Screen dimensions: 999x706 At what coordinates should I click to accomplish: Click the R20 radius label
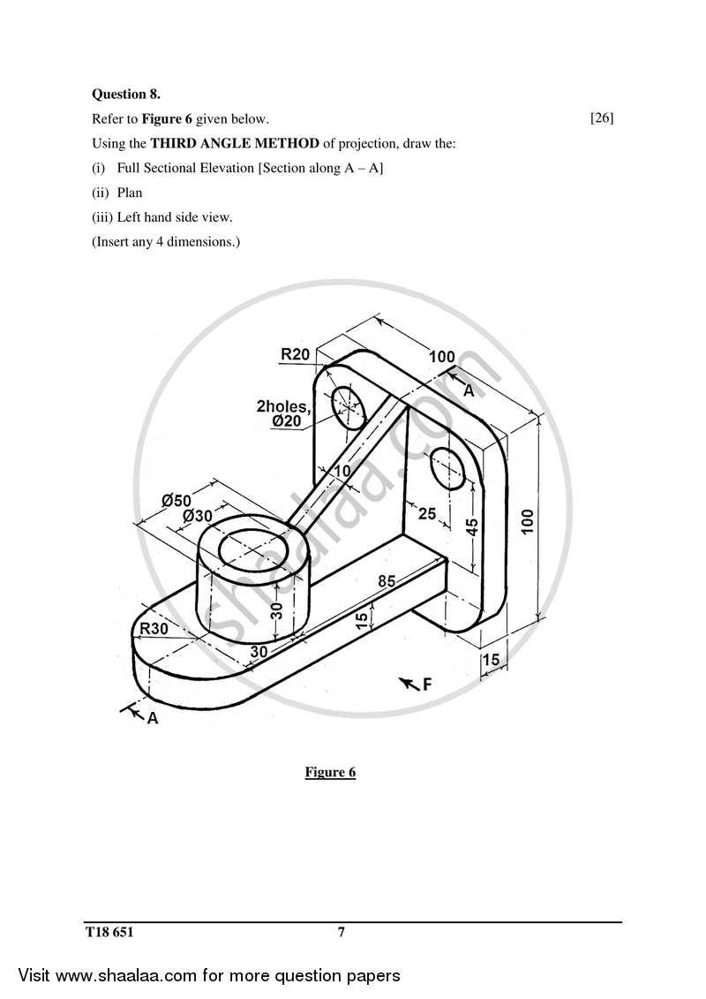pyautogui.click(x=295, y=354)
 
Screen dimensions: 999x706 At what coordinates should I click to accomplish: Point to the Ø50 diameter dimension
pyautogui.click(x=176, y=501)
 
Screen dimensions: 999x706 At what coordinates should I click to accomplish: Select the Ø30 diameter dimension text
pyautogui.click(x=198, y=515)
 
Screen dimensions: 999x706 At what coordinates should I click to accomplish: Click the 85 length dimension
pyautogui.click(x=386, y=580)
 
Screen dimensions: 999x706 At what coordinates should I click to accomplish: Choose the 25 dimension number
pyautogui.click(x=427, y=512)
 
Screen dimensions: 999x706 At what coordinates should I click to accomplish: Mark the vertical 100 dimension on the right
pyautogui.click(x=527, y=520)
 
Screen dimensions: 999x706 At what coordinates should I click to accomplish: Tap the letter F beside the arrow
pyautogui.click(x=427, y=683)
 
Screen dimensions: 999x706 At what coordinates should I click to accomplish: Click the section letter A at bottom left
pyautogui.click(x=152, y=718)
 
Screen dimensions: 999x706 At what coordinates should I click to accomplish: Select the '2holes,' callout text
pyautogui.click(x=283, y=406)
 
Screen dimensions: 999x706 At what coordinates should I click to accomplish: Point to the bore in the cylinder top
pyautogui.click(x=252, y=549)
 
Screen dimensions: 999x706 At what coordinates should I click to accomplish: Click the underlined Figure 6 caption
pyautogui.click(x=330, y=772)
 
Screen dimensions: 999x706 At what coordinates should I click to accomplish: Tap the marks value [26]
pyautogui.click(x=602, y=117)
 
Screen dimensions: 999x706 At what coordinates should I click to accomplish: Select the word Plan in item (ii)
pyautogui.click(x=129, y=192)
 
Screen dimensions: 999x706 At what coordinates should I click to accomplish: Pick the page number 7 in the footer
pyautogui.click(x=341, y=931)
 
